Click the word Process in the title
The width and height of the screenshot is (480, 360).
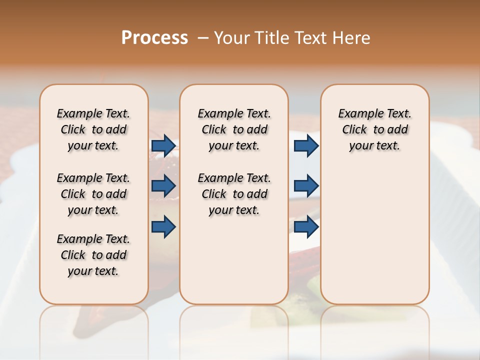point(154,37)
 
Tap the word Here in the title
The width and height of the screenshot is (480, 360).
point(351,37)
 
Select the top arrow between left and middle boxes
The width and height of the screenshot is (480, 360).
point(163,146)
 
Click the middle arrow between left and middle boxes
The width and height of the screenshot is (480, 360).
point(163,186)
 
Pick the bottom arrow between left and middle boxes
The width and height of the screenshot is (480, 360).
point(163,226)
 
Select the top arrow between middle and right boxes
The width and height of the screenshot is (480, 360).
point(306,146)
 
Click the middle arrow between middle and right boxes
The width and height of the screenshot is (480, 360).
point(306,186)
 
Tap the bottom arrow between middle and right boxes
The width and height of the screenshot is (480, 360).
point(306,226)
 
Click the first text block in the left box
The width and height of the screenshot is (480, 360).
point(93,129)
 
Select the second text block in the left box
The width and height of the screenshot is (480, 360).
point(93,194)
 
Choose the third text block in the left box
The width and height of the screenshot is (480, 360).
point(93,255)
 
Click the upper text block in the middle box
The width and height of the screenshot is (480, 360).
point(234,129)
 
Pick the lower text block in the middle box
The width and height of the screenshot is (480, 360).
point(234,194)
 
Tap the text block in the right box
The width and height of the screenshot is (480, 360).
point(375,129)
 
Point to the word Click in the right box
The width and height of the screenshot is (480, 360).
point(354,130)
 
